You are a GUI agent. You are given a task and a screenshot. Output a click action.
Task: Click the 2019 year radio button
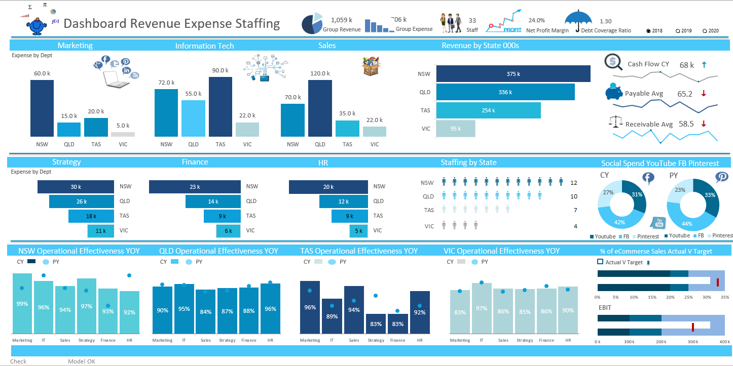coord(678,31)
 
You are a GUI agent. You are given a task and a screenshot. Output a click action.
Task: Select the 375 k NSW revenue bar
coord(513,74)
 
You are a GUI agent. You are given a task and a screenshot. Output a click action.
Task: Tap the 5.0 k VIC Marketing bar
coord(123,134)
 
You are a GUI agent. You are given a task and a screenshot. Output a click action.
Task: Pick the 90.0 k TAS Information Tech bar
coord(221,107)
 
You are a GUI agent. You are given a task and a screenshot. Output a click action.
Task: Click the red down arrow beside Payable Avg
coord(704,94)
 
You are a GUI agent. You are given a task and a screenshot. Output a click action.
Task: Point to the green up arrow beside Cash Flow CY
coord(704,65)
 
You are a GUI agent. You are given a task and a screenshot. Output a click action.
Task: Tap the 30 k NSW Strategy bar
coord(76,187)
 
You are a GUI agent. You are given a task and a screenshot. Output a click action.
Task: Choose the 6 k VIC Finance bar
coord(228,231)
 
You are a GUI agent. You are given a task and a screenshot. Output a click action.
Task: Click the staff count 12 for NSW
coord(574,183)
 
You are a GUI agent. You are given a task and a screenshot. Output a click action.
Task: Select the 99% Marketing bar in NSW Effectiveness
coord(22,304)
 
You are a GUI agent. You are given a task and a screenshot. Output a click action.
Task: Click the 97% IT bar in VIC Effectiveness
coord(482,308)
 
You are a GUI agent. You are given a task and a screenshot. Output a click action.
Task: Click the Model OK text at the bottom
coord(82,361)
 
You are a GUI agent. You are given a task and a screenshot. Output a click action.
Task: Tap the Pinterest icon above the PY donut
coord(722,177)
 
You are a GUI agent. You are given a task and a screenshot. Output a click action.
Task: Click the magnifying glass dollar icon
coord(613,62)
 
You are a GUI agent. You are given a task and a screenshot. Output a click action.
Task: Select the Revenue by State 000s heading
coord(480,46)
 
